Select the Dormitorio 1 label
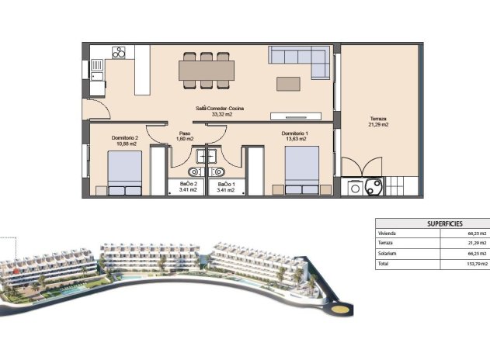coord(295,134)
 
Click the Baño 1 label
coord(226,185)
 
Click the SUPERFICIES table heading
coord(433,223)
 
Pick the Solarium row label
coord(387,254)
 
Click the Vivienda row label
coord(387,234)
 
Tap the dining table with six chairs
coord(207,70)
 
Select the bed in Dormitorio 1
coord(301,171)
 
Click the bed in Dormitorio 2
coord(125,172)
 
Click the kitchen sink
coord(97,69)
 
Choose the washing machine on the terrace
coord(356,187)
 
